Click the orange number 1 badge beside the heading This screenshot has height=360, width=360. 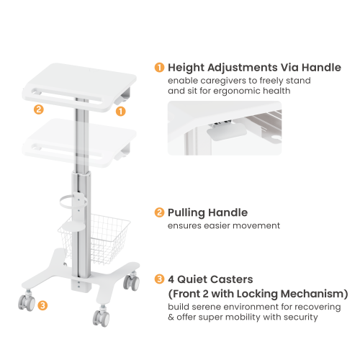159,68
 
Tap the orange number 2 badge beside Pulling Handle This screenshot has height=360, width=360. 159,212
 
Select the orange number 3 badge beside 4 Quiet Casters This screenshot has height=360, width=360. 159,279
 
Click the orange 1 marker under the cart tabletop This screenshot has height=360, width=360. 120,111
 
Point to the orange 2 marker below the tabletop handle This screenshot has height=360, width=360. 39,109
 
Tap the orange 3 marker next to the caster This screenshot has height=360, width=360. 42,305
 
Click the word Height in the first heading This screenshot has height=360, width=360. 186,68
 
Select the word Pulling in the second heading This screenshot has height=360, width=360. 186,213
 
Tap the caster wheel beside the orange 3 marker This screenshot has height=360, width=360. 27,303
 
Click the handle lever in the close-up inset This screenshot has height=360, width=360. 227,132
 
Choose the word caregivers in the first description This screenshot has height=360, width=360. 223,81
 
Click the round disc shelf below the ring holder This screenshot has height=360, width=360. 73,226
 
